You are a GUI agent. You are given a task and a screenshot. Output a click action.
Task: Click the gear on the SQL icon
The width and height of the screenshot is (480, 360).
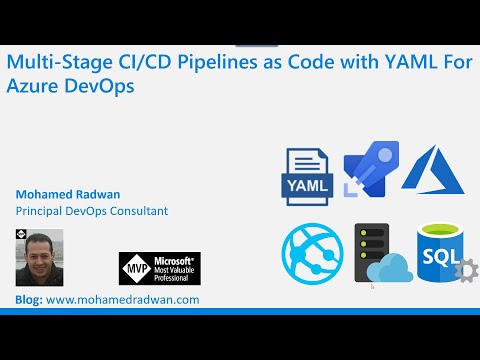464,271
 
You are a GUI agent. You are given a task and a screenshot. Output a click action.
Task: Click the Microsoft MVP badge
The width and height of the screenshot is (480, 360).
159,271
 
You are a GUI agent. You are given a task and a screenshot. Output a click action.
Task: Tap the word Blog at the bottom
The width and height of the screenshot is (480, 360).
29,299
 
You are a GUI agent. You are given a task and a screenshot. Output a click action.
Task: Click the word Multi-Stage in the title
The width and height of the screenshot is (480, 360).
50,64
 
